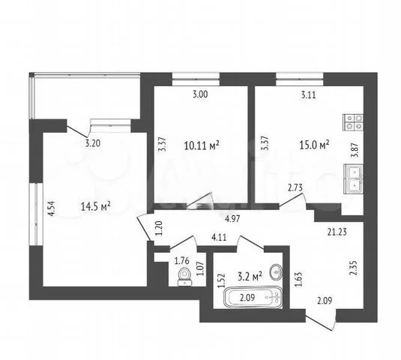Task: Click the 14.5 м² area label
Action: (x=96, y=206)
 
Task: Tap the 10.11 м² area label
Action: (x=202, y=145)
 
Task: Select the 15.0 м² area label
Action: (x=314, y=145)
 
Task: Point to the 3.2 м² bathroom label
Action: (x=250, y=276)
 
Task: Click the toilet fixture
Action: (x=184, y=276)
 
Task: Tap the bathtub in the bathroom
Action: (x=253, y=297)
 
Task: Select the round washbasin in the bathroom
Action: (x=276, y=271)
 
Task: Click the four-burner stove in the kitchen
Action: (x=353, y=122)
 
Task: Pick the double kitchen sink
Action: (x=354, y=179)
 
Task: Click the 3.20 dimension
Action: (x=93, y=143)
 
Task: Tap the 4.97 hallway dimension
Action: (x=232, y=219)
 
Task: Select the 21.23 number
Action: (x=337, y=232)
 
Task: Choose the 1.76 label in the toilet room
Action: (x=181, y=261)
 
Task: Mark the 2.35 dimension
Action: (x=353, y=268)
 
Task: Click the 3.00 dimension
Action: (x=200, y=94)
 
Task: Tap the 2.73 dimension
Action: (x=295, y=187)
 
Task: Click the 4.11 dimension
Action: (x=219, y=238)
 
